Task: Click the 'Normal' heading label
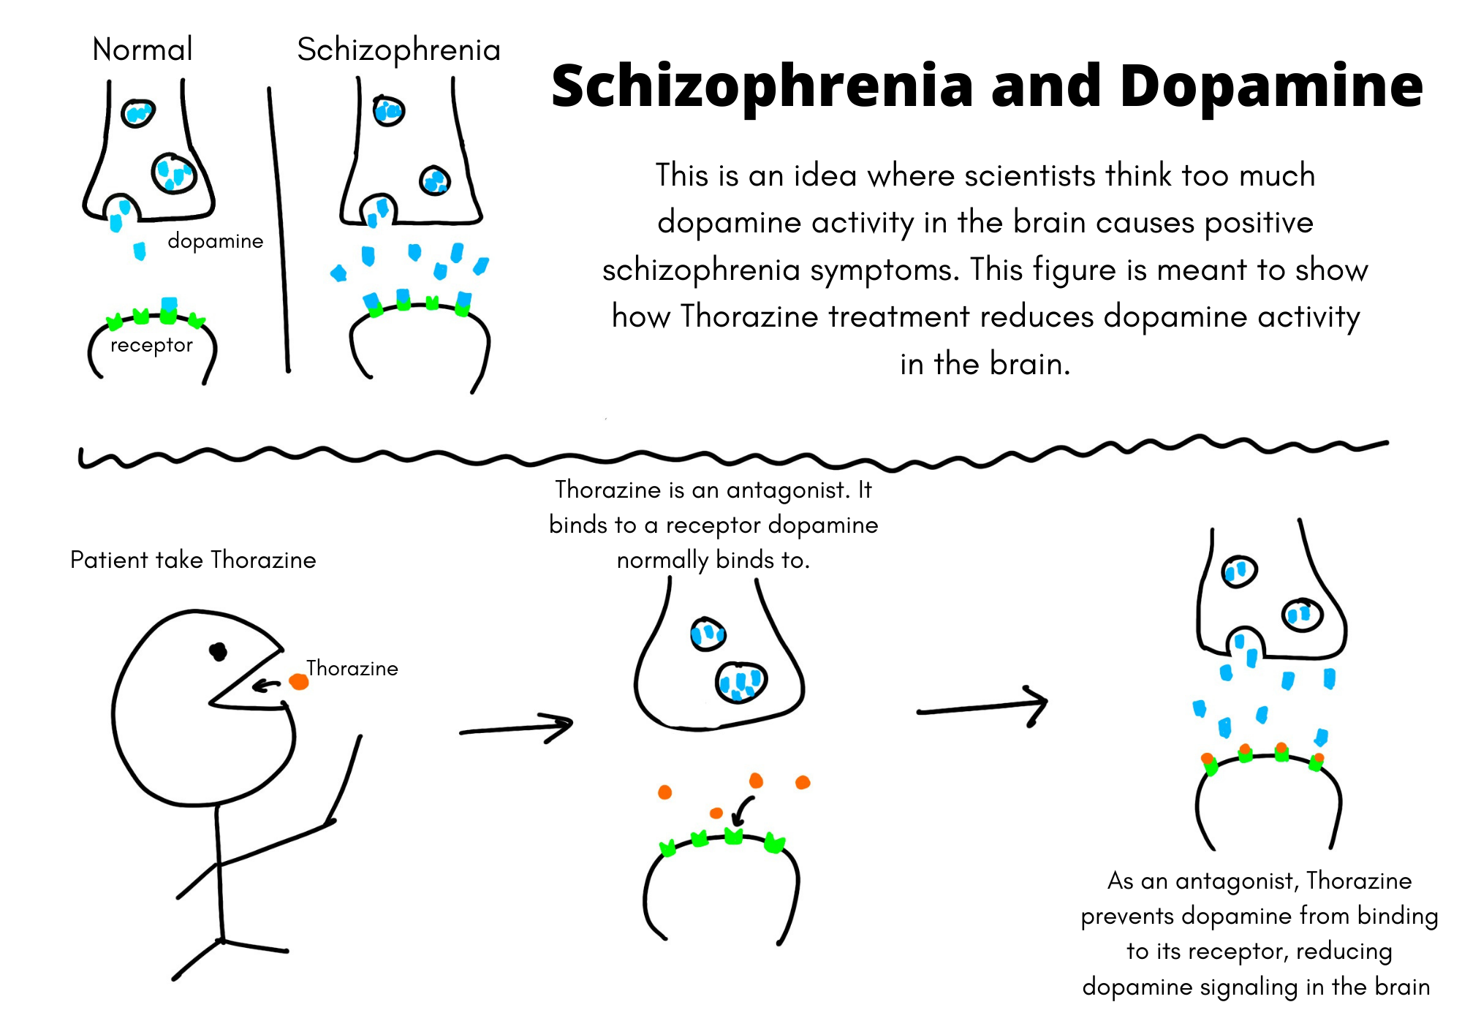(143, 50)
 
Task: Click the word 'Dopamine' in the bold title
(1271, 86)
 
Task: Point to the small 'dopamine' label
(216, 241)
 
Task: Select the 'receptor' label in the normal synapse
(151, 345)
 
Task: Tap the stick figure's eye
(218, 650)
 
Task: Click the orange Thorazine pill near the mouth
(299, 681)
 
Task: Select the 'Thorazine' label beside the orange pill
(352, 668)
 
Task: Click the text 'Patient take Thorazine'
(193, 560)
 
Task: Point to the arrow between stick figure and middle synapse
(516, 728)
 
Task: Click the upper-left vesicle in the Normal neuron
(137, 113)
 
